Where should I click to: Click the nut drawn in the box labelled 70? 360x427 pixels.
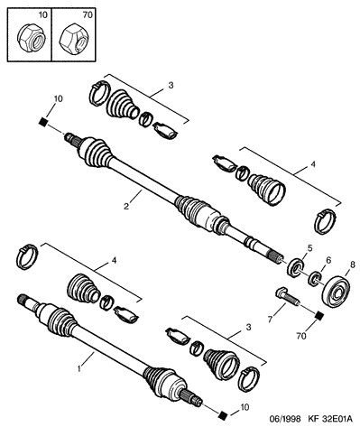74,38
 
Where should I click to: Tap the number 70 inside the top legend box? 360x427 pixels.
88,14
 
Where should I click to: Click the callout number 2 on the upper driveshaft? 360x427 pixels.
126,206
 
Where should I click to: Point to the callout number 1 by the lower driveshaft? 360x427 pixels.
79,368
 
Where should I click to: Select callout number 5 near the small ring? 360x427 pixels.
309,248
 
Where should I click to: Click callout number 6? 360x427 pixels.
328,260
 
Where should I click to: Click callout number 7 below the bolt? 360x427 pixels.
270,320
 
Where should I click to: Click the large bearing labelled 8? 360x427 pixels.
336,291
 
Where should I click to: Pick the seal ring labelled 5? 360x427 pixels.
296,266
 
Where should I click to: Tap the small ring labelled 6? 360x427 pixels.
315,278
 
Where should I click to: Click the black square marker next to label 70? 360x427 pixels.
319,316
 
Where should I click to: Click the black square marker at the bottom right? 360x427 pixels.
223,415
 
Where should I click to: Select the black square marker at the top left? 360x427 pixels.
43,121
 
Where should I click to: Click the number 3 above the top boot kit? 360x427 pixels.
171,86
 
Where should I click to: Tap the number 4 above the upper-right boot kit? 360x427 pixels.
313,164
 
